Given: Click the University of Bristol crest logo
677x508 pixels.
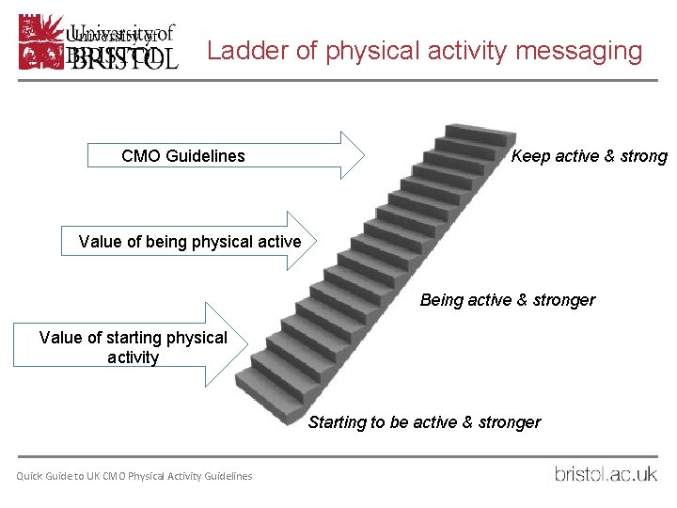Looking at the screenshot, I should [40, 41].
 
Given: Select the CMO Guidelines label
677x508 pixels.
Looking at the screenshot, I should [182, 156].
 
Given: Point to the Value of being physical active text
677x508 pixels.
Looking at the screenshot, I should [190, 242].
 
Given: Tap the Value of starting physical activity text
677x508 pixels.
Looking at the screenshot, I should [134, 347].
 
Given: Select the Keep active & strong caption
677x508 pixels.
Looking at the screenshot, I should [589, 156].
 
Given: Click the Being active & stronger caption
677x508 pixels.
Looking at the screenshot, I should [507, 300].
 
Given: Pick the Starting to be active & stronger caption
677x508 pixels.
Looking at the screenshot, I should [424, 422].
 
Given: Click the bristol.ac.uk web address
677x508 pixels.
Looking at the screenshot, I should [606, 474].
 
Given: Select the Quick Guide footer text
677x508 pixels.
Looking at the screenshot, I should [134, 476].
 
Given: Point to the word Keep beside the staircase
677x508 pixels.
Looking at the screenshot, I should [530, 156].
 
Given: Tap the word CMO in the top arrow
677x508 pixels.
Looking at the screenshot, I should [141, 156].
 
